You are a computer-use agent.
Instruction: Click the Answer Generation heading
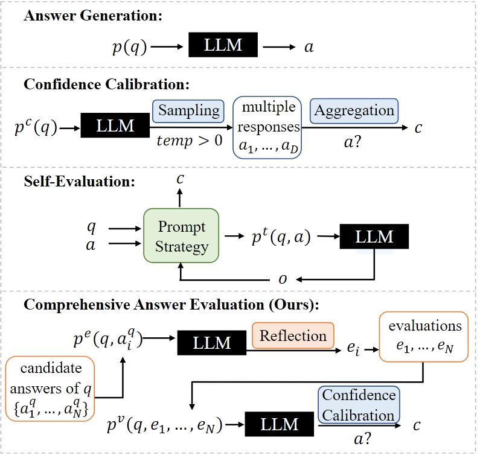(x=93, y=16)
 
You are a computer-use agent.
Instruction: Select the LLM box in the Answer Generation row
(x=223, y=45)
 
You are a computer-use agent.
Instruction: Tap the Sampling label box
(x=188, y=111)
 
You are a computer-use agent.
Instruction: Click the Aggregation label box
(x=354, y=111)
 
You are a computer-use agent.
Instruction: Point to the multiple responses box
(x=267, y=127)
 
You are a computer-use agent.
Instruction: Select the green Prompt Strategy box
(x=181, y=235)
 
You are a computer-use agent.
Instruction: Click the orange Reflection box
(x=293, y=336)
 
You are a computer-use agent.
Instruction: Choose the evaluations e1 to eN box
(x=424, y=337)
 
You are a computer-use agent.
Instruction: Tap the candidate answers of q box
(x=50, y=389)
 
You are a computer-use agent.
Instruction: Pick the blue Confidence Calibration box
(x=359, y=405)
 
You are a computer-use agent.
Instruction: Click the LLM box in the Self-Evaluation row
(x=374, y=237)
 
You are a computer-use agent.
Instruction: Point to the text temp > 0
(x=190, y=141)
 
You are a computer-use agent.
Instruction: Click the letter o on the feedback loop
(x=283, y=279)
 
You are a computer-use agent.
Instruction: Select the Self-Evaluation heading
(x=79, y=182)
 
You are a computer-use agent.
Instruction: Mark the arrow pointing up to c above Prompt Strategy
(x=180, y=198)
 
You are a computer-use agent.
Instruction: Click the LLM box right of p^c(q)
(x=115, y=126)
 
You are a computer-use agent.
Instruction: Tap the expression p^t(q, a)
(x=281, y=237)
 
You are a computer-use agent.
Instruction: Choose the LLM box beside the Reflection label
(x=212, y=343)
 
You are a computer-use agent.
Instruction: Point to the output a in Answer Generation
(x=309, y=48)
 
